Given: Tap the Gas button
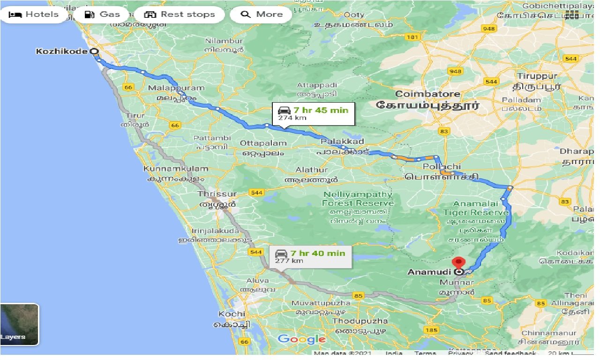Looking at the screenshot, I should pos(103,14).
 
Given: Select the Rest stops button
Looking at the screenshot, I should pos(180,14).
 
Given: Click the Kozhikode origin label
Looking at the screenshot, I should pos(61,51).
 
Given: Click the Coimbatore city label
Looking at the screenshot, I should pos(427,94).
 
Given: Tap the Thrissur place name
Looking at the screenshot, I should pos(217,194).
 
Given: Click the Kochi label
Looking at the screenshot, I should pos(232,314).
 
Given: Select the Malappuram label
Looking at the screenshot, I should pos(176,88).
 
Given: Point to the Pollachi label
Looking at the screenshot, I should pos(442,166).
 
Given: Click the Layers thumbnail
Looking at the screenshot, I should pos(20,324).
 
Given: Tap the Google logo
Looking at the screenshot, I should pos(301,339).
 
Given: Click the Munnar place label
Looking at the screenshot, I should pos(457,282).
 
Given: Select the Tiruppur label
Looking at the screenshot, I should pos(537,76).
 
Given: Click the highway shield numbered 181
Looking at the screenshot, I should pos(413,37).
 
